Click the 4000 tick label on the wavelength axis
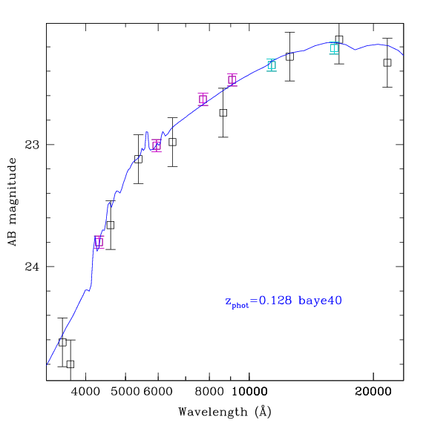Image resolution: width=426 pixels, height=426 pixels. (85, 391)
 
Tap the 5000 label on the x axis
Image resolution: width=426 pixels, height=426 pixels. (125, 391)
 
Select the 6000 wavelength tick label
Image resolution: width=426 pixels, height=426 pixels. (158, 391)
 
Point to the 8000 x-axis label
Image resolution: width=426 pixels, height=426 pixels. (209, 391)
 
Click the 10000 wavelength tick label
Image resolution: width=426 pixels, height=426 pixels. (249, 391)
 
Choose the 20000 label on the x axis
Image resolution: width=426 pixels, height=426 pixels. (373, 391)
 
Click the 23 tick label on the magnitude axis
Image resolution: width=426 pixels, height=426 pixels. (32, 145)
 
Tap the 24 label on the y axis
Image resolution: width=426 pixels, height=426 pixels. (32, 266)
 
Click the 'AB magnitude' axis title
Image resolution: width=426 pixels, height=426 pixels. (12, 202)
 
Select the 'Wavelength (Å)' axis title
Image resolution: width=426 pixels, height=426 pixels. (225, 412)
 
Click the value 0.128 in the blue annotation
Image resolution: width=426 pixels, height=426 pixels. (275, 301)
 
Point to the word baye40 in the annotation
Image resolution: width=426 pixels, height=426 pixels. (320, 301)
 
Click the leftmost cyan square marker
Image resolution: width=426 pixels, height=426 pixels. (272, 65)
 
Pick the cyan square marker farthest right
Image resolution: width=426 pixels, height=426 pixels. (334, 48)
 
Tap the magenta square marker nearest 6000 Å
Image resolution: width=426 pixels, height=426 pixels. (157, 146)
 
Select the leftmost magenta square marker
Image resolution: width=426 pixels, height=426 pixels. (99, 242)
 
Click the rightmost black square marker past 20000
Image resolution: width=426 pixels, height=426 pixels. (387, 63)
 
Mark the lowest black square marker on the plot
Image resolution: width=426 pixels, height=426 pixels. (71, 364)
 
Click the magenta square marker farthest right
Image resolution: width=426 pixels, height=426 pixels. (232, 80)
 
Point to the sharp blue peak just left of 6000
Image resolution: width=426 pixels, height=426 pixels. (147, 132)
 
